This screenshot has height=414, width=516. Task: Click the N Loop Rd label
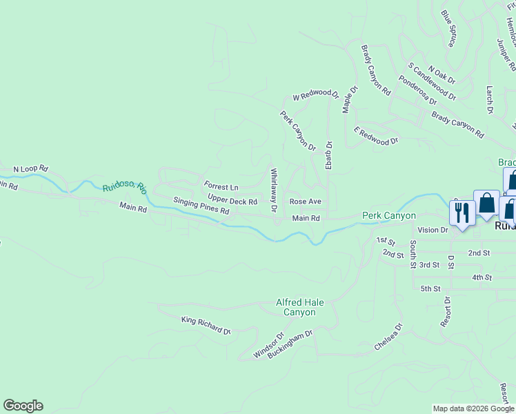(30, 168)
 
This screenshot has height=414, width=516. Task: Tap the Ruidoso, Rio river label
(125, 187)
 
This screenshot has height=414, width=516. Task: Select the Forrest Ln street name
(221, 187)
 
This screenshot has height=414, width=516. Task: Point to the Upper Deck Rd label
(232, 200)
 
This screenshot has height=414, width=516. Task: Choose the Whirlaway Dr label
(274, 190)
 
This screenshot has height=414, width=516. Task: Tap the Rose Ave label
(306, 201)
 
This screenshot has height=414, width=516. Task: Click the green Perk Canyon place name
(389, 216)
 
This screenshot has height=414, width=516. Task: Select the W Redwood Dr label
(316, 95)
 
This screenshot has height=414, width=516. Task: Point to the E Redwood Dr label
(376, 135)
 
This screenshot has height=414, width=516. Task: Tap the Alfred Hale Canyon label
(300, 307)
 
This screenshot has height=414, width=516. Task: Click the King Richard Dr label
(206, 326)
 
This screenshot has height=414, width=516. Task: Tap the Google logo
(23, 406)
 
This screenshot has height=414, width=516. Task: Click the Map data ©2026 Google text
(473, 408)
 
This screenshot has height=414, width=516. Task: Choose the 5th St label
(430, 288)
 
